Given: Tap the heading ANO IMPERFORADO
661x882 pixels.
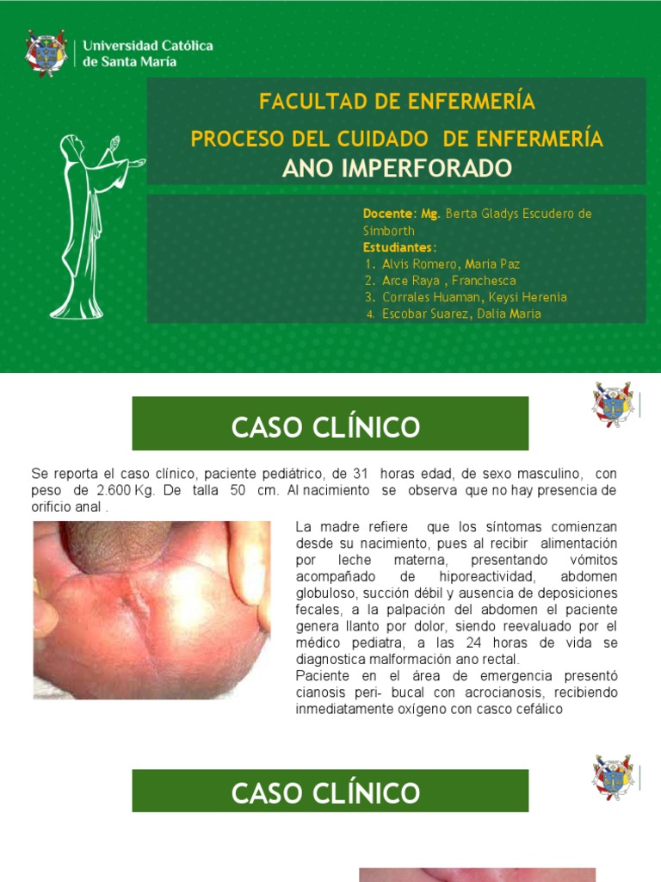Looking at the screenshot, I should tap(397, 168).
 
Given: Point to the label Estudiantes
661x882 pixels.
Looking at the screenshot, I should tap(398, 247).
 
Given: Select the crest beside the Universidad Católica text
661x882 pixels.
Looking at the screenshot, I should tap(46, 53).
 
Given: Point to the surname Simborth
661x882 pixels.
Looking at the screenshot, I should tap(388, 231).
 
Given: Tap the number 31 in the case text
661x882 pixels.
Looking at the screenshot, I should tap(361, 475).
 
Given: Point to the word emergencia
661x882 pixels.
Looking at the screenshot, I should tap(466, 676).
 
